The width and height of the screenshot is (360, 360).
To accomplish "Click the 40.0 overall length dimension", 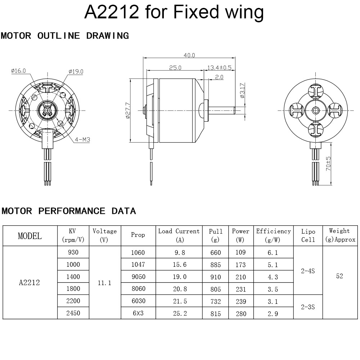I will click(x=189, y=55).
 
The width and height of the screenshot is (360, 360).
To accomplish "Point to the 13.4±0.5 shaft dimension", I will click(x=219, y=68).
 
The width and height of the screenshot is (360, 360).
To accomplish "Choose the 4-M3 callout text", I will click(x=82, y=140).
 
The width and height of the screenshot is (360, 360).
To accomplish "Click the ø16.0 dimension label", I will click(x=18, y=71).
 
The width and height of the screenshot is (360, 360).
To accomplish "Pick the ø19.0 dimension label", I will click(x=76, y=72).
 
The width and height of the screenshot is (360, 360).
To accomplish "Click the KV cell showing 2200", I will click(x=73, y=301).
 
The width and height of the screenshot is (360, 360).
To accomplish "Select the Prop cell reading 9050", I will click(x=138, y=277).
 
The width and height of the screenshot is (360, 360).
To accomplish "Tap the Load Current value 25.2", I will click(x=180, y=314).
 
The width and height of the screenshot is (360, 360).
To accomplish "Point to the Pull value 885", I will click(x=216, y=265).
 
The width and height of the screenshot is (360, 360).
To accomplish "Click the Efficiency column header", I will click(x=273, y=235).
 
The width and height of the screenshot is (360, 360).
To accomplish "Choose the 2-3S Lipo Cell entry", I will click(x=308, y=307).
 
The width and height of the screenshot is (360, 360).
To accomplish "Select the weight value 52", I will click(x=339, y=276).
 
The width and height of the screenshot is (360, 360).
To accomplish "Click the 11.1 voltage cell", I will click(x=104, y=283).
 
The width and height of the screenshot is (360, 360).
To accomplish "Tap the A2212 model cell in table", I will click(x=30, y=283).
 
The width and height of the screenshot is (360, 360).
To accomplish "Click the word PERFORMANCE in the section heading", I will click(x=72, y=211).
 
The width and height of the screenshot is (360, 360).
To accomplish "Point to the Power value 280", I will click(x=240, y=314).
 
